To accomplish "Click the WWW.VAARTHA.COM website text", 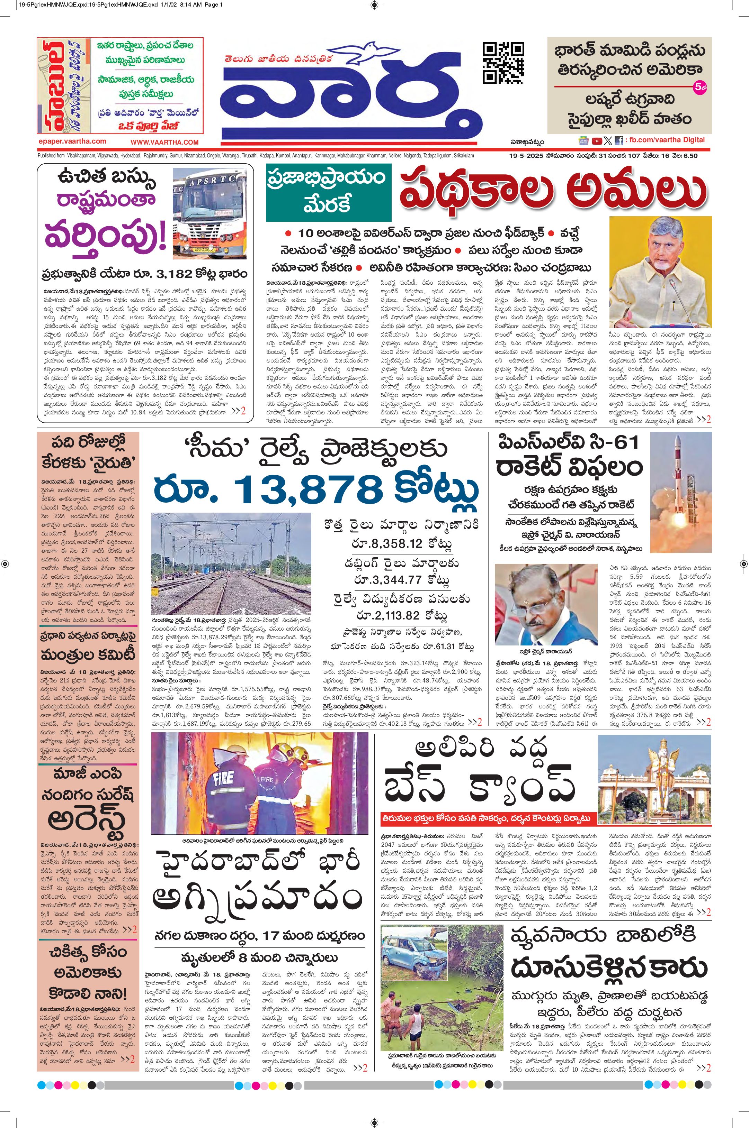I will click(164, 142).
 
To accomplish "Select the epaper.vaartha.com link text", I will click(73, 141).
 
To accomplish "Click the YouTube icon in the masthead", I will click(597, 141).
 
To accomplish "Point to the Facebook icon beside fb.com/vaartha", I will click(619, 141).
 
